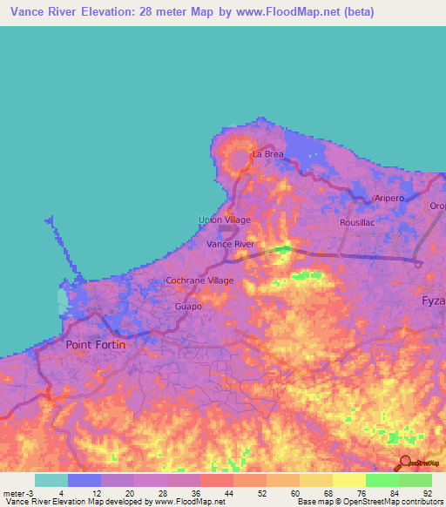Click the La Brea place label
point(268,154)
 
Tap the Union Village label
point(225,220)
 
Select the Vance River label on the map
point(230,245)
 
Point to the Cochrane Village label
point(200,281)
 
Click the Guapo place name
point(188,307)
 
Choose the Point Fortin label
point(96,345)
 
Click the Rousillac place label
point(357,223)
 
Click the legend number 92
point(427,493)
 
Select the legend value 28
point(163,493)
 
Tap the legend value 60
point(294,493)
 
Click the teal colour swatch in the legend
point(51,480)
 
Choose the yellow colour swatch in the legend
point(349,480)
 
